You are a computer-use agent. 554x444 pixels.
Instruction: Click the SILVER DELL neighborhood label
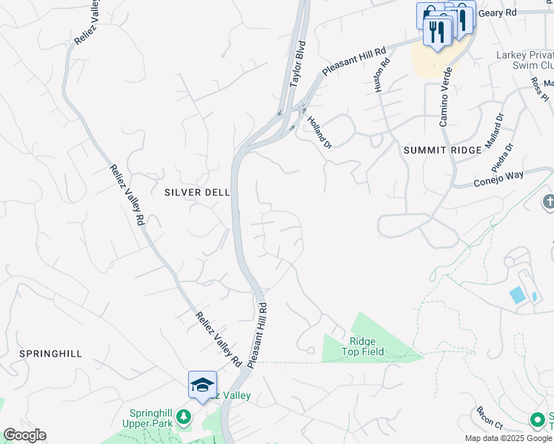197,192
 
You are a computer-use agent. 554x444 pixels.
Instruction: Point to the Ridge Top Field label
362,346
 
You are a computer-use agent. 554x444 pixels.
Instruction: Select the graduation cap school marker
202,385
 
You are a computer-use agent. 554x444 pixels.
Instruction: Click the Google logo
24,435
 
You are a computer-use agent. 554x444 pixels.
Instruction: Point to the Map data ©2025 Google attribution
507,438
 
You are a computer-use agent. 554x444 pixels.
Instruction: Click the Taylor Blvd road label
298,64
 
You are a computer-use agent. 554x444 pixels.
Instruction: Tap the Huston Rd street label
380,75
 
